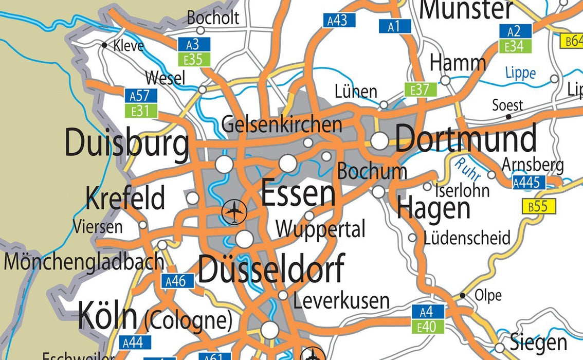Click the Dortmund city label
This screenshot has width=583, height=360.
tap(466, 139)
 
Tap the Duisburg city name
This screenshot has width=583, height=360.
tap(126, 144)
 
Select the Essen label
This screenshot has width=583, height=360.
tap(298, 194)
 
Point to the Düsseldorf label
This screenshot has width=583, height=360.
tap(271, 269)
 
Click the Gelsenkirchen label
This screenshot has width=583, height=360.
tap(282, 124)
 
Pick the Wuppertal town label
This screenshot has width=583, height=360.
tap(320, 229)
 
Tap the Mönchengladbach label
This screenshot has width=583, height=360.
tap(84, 262)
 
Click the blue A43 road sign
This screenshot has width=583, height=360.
tap(338, 21)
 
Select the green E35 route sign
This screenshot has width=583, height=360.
tap(194, 60)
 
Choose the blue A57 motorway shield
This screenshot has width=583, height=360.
tap(140, 96)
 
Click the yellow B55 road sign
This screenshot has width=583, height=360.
tap(538, 207)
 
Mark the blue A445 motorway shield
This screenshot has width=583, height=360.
tap(529, 182)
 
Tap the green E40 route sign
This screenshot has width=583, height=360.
tap(428, 326)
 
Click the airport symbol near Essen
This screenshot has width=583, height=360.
tap(234, 211)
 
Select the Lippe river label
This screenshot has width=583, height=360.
tap(520, 73)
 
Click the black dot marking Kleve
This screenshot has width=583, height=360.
tap(104, 45)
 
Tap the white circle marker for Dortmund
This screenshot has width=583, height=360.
tap(379, 140)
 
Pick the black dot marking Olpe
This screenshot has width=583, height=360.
tap(462, 296)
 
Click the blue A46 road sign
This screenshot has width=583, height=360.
tap(178, 281)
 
